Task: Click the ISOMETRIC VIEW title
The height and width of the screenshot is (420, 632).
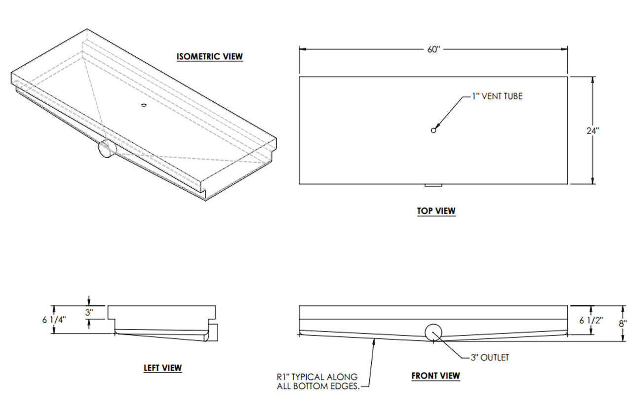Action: click(x=210, y=56)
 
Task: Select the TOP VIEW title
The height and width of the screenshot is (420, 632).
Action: click(x=436, y=211)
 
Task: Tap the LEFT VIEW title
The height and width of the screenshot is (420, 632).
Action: click(x=163, y=368)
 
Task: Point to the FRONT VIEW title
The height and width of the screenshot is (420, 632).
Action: click(x=435, y=376)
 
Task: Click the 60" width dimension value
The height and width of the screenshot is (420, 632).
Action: click(x=434, y=49)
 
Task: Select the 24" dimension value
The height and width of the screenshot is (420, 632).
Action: click(x=593, y=130)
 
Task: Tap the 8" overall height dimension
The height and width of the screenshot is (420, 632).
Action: click(x=623, y=324)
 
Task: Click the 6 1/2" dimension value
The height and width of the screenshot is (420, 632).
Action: click(x=591, y=320)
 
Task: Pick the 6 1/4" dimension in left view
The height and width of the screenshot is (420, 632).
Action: click(x=54, y=320)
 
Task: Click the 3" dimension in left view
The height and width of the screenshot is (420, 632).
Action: click(x=89, y=312)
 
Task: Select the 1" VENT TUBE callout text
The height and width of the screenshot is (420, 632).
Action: click(x=497, y=96)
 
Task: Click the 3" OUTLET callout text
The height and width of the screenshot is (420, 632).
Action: click(x=490, y=358)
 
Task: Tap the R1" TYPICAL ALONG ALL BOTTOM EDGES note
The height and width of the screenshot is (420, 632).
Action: click(x=318, y=381)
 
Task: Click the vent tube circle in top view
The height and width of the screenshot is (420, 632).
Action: click(x=434, y=130)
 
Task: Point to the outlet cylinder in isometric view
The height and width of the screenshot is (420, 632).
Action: click(x=108, y=148)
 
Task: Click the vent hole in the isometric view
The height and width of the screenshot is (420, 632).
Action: click(x=144, y=105)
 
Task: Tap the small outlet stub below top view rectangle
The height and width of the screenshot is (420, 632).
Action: click(x=434, y=185)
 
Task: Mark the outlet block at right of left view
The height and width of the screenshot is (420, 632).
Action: click(x=214, y=333)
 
